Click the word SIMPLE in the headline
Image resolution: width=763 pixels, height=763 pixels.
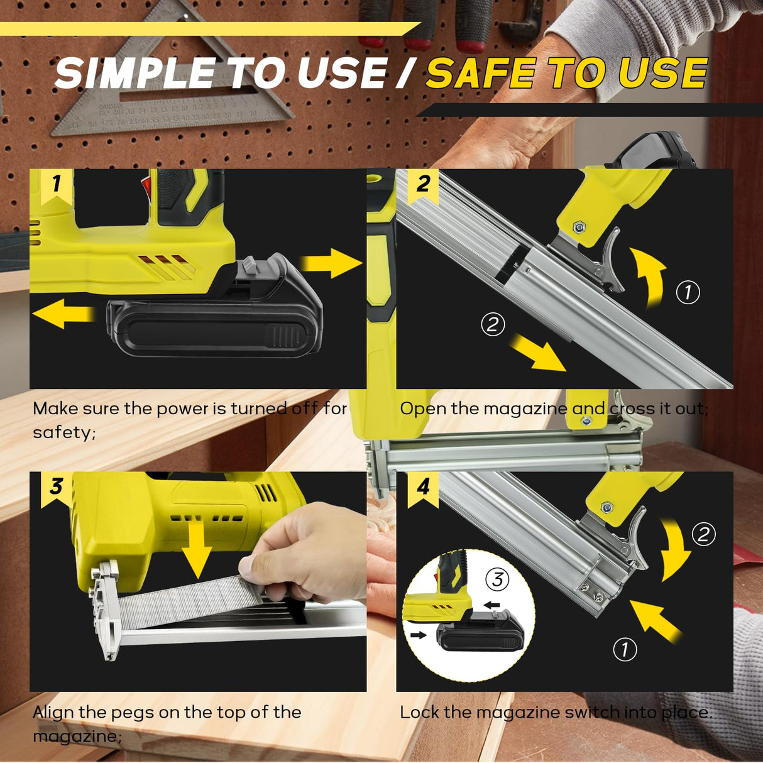click(134, 74)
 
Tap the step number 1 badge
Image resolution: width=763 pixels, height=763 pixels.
click(57, 184)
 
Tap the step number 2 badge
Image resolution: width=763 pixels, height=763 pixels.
click(423, 184)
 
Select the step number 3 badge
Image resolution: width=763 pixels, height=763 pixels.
click(57, 487)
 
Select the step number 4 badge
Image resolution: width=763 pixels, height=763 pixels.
click(423, 487)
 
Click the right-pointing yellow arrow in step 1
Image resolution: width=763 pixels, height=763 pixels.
click(331, 263)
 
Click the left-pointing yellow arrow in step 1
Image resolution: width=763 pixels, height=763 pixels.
click(63, 313)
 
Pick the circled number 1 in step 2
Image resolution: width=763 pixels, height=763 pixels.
click(688, 292)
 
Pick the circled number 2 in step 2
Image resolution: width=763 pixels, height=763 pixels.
click(493, 324)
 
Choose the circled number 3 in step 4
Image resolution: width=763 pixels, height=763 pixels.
click(498, 578)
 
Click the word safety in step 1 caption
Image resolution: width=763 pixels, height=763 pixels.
click(63, 432)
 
